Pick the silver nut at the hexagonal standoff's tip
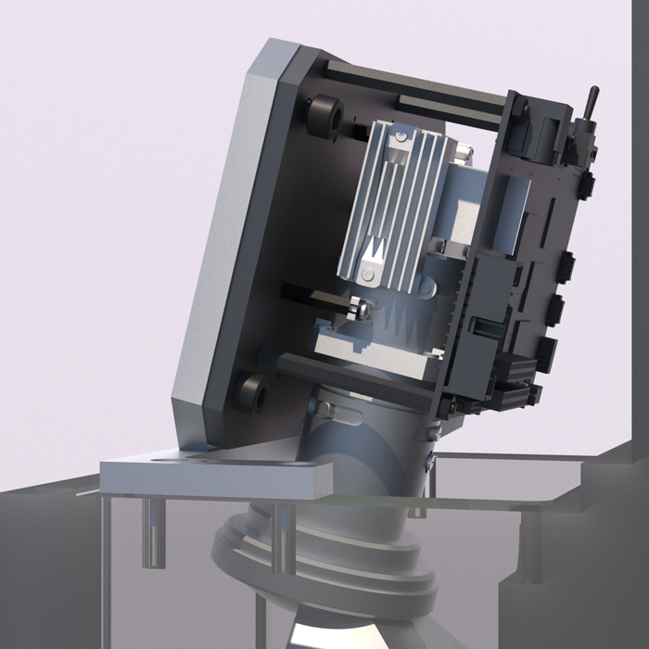click(x=363, y=309)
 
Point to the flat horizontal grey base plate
click(x=213, y=473)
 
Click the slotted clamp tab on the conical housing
click(x=324, y=408)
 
